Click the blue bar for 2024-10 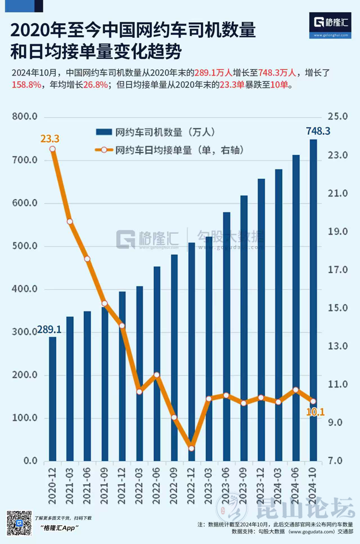pyautogui.click(x=313, y=300)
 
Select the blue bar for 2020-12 pyautogui.click(x=52, y=399)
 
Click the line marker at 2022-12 pyautogui.click(x=192, y=448)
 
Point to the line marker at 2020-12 pyautogui.click(x=52, y=149)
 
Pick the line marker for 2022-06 pyautogui.click(x=157, y=375)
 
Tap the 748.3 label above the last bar pyautogui.click(x=318, y=131)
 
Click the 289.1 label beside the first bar pyautogui.click(x=50, y=330)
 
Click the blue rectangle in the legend pyautogui.click(x=105, y=132)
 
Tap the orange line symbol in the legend pyautogui.click(x=105, y=150)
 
